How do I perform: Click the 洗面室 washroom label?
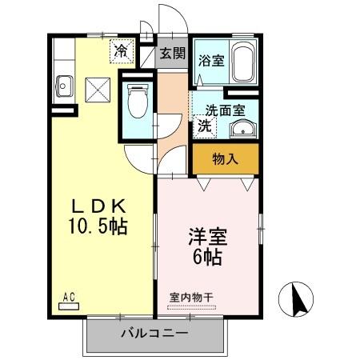tap(225, 110)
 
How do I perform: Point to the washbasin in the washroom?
tap(246, 130)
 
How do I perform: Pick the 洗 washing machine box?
tap(204, 126)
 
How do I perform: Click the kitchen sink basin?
tap(64, 84)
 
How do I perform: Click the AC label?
tap(69, 297)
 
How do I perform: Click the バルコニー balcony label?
tap(155, 333)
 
